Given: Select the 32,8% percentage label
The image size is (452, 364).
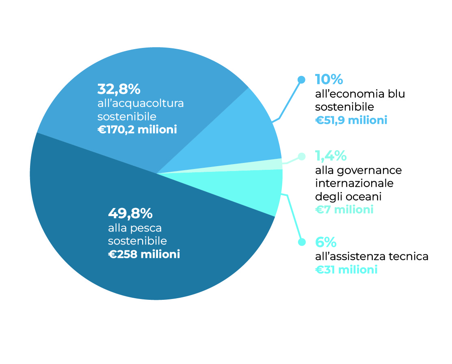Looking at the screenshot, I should click(x=119, y=89).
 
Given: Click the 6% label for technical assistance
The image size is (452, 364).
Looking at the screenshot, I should click(x=326, y=242).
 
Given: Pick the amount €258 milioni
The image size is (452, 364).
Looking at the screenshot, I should click(x=144, y=254).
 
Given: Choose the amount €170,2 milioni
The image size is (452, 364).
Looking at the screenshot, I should click(x=137, y=130).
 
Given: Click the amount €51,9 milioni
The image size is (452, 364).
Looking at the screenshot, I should click(x=351, y=120).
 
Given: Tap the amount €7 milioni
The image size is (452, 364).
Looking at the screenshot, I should click(x=344, y=210).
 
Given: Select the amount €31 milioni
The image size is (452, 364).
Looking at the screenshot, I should click(x=346, y=269).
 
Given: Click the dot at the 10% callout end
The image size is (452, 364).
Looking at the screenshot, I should click(x=301, y=80).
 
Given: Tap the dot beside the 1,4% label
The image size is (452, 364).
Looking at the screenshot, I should click(x=301, y=156).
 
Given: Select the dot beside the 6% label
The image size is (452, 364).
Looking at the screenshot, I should click(x=301, y=242).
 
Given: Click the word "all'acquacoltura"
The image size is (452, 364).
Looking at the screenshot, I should click(x=141, y=103).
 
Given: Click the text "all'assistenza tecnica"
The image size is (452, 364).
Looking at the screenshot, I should click(x=372, y=256).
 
